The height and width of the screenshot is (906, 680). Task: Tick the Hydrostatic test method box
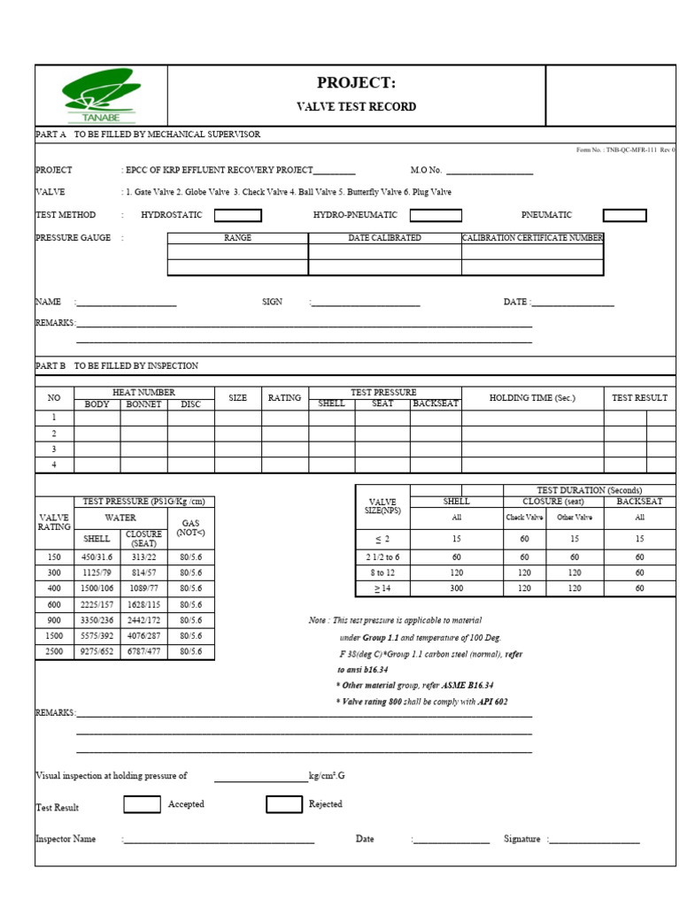[238, 215]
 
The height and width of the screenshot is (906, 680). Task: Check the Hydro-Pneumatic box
[435, 215]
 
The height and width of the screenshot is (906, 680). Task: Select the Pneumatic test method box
[624, 215]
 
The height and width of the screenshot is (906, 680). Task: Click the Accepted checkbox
[142, 804]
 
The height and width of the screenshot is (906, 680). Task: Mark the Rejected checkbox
[283, 804]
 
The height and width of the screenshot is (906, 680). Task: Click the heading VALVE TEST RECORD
[355, 107]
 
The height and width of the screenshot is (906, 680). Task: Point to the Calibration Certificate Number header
[532, 238]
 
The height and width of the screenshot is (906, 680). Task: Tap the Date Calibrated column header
[384, 238]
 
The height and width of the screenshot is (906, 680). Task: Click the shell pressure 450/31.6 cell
[97, 557]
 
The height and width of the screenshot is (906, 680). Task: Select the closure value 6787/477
[143, 651]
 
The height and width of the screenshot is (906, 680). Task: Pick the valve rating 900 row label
[53, 620]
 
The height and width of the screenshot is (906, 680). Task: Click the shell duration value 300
[456, 587]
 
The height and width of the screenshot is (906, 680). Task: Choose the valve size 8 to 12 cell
[382, 572]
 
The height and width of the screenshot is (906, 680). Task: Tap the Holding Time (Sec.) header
[532, 398]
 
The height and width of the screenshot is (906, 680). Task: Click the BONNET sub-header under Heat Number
[143, 404]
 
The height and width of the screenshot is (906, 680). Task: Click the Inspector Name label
[66, 839]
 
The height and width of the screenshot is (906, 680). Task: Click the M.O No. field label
[426, 171]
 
